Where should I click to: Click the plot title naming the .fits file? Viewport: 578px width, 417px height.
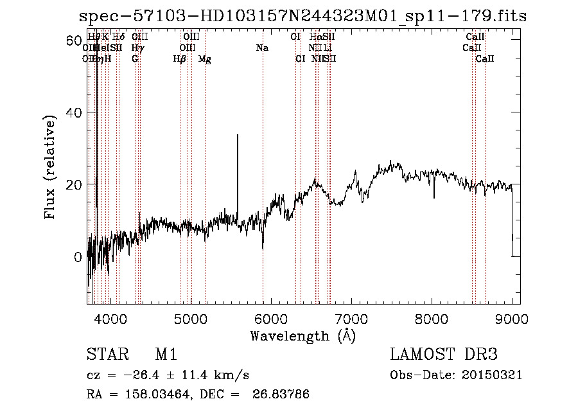[302, 16]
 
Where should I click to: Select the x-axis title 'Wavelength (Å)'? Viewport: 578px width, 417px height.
[302, 335]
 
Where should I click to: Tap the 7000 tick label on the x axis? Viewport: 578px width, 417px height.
[351, 319]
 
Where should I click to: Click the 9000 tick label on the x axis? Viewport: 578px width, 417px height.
[512, 319]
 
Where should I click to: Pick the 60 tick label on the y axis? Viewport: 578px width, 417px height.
[73, 40]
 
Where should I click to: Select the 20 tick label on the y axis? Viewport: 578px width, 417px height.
[73, 184]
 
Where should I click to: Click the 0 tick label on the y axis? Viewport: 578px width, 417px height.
[78, 257]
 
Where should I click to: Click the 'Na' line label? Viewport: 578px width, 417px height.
[262, 48]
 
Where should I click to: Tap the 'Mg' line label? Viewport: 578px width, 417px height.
[205, 59]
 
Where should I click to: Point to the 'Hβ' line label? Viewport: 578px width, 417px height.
[179, 59]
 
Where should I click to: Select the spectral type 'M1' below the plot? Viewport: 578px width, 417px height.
[166, 355]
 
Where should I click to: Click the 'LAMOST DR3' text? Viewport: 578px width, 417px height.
[444, 355]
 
